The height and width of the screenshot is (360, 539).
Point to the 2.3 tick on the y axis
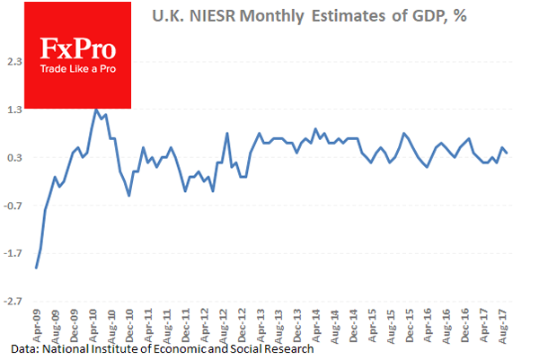[15, 61]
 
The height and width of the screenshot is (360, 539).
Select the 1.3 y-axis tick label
[15, 110]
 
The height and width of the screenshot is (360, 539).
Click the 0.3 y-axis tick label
[15, 157]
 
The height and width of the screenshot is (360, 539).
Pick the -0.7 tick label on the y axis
[13, 206]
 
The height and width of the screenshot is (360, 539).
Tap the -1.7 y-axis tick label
[13, 253]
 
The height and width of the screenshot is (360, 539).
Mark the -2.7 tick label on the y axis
[13, 302]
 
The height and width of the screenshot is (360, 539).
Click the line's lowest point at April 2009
[36, 268]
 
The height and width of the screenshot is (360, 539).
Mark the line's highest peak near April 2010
[95, 110]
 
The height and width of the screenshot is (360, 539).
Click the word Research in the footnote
[287, 348]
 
